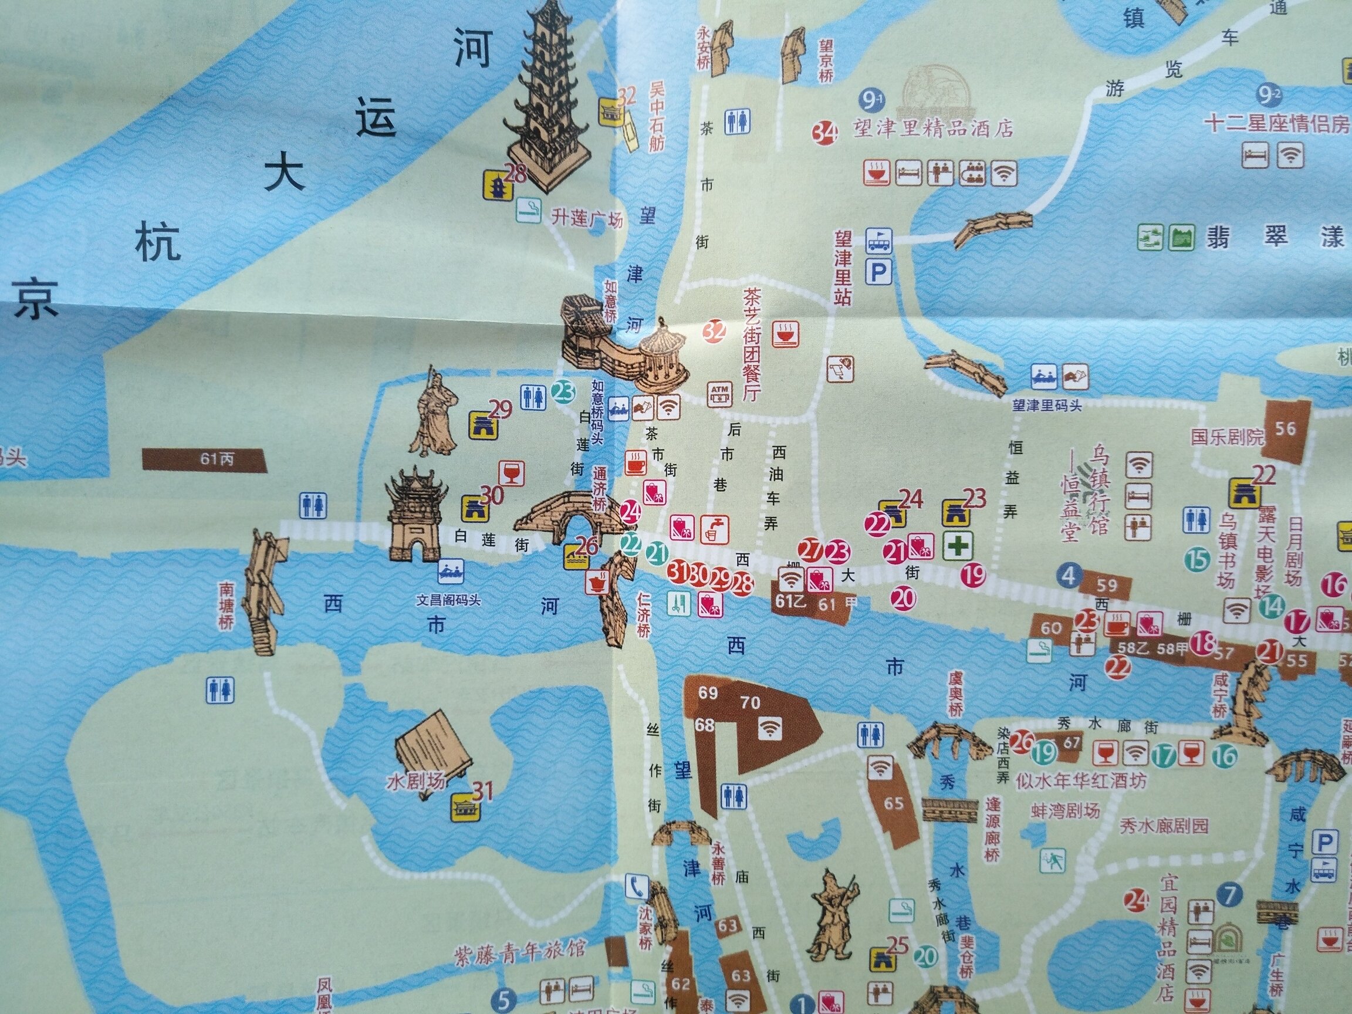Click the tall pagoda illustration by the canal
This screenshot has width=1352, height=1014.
pyautogui.click(x=545, y=98)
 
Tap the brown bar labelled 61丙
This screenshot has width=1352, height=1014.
pyautogui.click(x=205, y=459)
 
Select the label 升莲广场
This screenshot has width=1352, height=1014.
pyautogui.click(x=586, y=218)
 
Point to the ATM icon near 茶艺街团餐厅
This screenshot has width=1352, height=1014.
pyautogui.click(x=719, y=394)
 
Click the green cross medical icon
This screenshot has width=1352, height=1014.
pyautogui.click(x=957, y=545)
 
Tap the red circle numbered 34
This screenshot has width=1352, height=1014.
pyautogui.click(x=824, y=133)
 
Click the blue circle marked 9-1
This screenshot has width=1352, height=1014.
pyautogui.click(x=871, y=99)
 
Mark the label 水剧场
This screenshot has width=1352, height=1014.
pyautogui.click(x=416, y=782)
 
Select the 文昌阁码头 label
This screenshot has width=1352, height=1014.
pyautogui.click(x=449, y=600)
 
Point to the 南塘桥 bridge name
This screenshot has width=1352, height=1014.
pyautogui.click(x=227, y=605)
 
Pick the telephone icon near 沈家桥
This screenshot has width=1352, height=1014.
pyautogui.click(x=636, y=885)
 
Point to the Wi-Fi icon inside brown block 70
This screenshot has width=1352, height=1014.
pyautogui.click(x=769, y=727)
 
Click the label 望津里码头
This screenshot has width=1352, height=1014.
pyautogui.click(x=1047, y=405)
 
